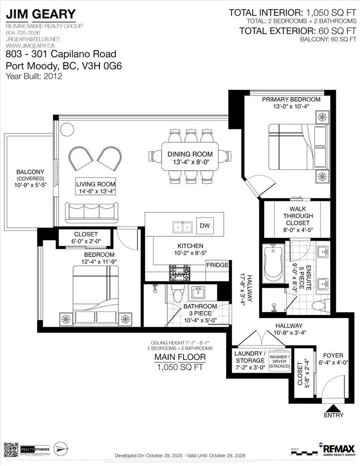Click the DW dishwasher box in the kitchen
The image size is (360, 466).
tap(204, 226)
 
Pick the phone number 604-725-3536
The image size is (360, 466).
tap(23, 33)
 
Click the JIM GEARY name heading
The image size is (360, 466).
tap(40, 14)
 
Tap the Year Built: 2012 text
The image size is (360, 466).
tap(34, 76)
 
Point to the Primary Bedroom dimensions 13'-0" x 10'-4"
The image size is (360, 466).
tap(291, 107)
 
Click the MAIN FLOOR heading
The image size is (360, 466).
tap(180, 357)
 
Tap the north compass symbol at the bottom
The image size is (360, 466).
tap(62, 449)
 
